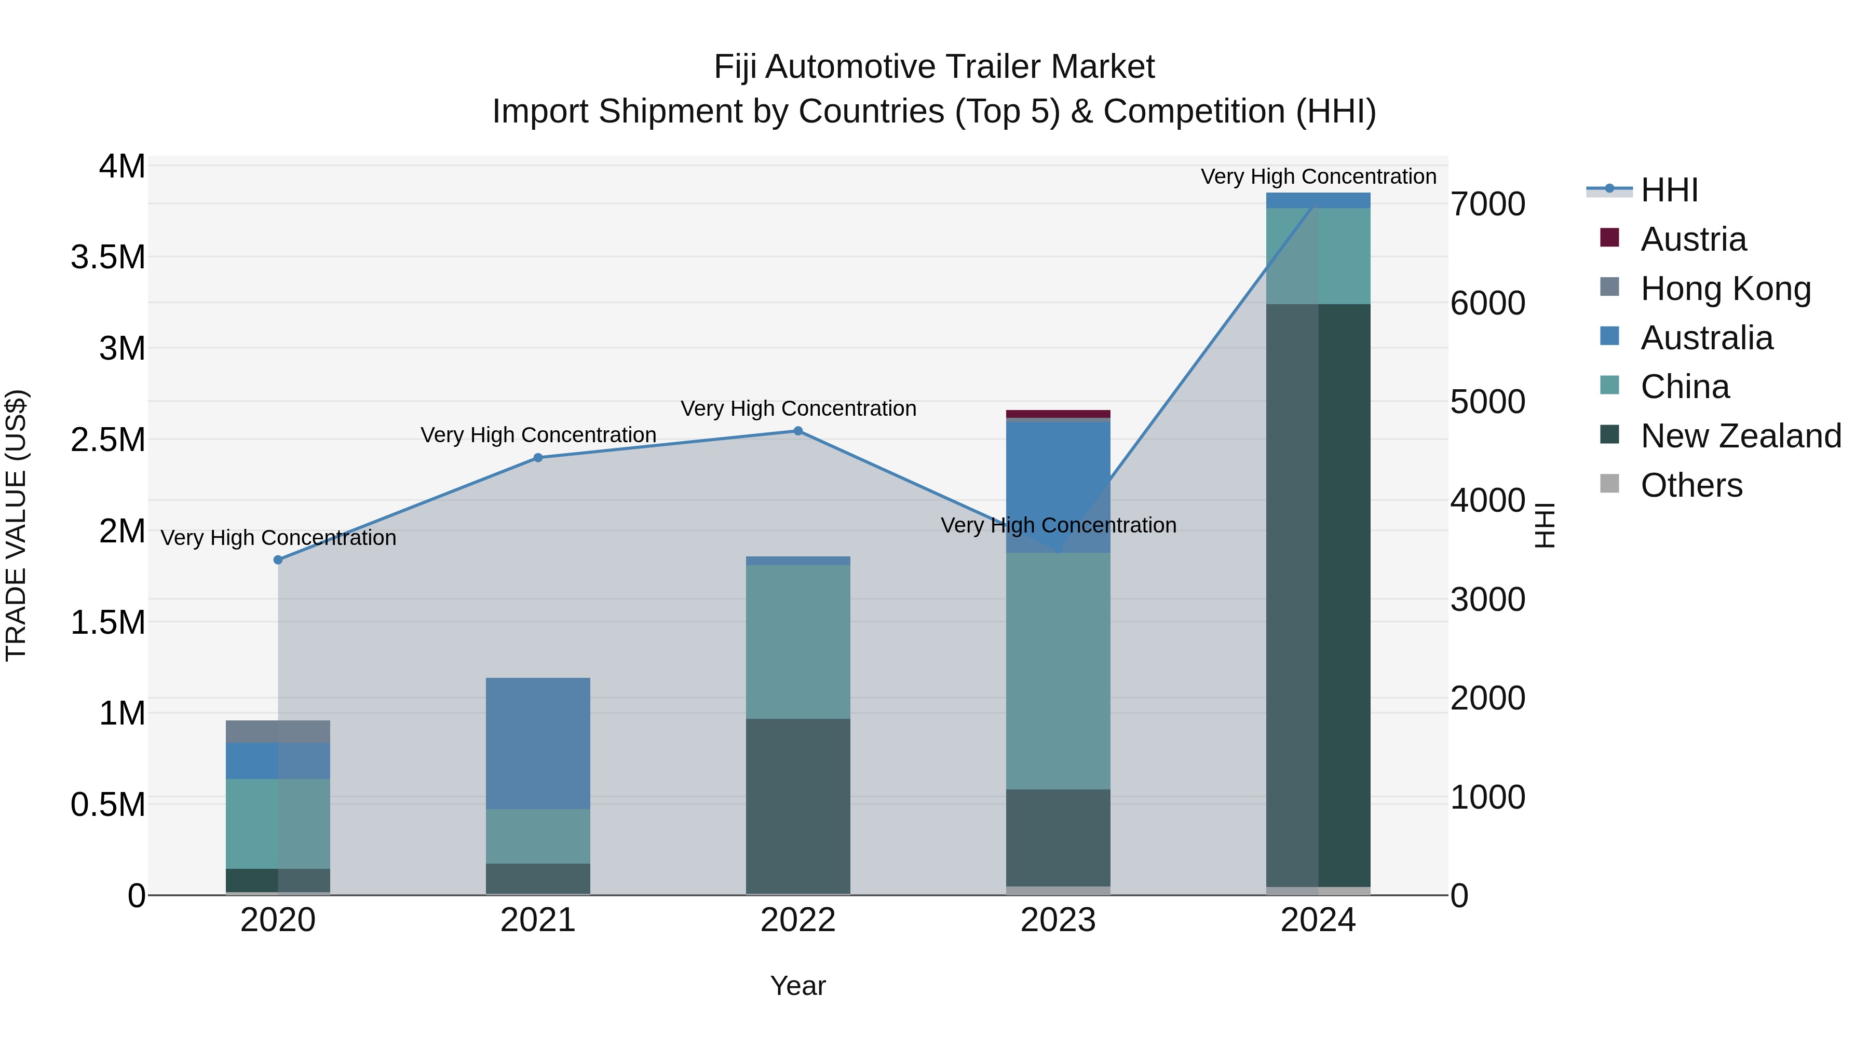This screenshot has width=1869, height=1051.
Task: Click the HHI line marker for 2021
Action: click(538, 458)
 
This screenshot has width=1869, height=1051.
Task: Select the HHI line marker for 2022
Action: click(797, 431)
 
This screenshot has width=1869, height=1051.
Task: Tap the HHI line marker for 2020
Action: click(278, 560)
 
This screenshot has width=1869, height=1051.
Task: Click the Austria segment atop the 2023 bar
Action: click(1058, 414)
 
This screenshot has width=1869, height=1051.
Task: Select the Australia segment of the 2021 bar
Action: click(538, 743)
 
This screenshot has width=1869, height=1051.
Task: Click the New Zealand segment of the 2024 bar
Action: click(1318, 595)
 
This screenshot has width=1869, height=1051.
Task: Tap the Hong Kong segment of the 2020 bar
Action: click(278, 731)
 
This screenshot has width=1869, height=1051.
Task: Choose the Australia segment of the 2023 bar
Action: click(1058, 486)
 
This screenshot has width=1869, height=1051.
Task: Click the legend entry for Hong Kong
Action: click(1725, 289)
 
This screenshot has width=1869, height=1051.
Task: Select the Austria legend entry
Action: click(1692, 239)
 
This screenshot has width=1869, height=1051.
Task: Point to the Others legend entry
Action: click(1690, 485)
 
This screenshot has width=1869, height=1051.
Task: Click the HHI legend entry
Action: click(1669, 190)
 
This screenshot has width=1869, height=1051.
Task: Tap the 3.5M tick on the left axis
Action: click(107, 257)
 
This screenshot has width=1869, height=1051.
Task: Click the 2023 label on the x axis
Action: click(1058, 920)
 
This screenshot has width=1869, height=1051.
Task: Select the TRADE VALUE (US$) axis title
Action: click(16, 525)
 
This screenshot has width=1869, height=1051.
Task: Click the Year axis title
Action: click(797, 986)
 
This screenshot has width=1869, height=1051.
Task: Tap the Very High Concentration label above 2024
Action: click(1318, 176)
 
